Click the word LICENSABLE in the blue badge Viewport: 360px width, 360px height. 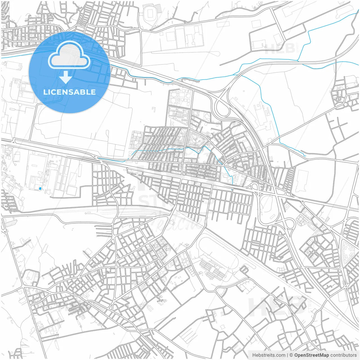coord(69,92)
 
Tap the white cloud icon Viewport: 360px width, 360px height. coord(69,55)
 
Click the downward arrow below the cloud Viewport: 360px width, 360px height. coord(66,77)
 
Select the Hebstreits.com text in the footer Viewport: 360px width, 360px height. coord(269,355)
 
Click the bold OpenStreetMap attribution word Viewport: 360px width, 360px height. coord(311,355)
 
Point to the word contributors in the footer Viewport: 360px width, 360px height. coord(343,355)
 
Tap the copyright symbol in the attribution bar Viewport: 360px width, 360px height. coord(291,355)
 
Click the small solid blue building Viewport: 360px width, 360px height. coord(40,188)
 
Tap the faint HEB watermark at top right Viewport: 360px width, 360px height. coord(280,48)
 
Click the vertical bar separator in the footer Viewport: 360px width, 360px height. coord(287,355)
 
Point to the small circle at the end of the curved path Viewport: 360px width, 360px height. coord(218,53)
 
